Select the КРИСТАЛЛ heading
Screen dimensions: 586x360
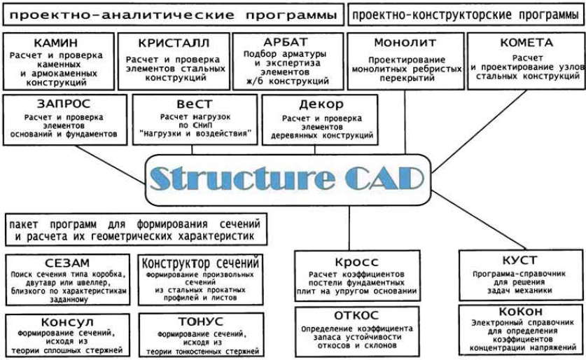point(174,43)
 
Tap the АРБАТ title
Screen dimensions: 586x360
point(286,42)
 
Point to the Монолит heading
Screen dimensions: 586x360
point(405,43)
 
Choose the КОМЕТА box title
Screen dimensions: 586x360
point(526,43)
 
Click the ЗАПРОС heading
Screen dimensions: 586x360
point(64,104)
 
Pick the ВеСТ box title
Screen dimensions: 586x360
point(195,104)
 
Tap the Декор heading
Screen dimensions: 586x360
point(321,104)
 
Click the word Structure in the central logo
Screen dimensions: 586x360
point(242,178)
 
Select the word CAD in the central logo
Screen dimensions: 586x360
point(384,179)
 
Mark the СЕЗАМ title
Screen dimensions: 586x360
point(67,263)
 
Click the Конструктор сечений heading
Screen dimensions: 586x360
point(200,263)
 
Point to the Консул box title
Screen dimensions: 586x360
point(67,322)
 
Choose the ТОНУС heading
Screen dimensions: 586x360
point(201,321)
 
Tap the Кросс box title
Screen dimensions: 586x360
point(357,262)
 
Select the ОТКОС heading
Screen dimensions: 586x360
point(356,315)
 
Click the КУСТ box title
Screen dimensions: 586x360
point(520,260)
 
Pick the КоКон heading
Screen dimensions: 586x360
point(521,312)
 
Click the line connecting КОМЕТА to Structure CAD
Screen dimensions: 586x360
point(479,131)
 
